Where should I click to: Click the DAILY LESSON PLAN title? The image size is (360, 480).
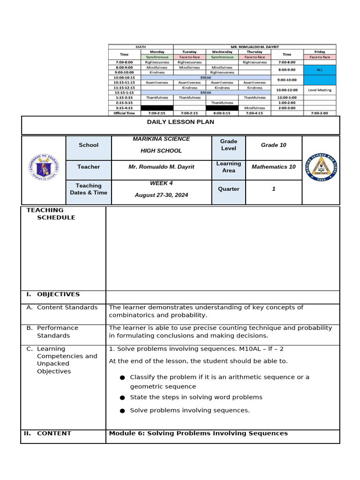(x=180, y=122)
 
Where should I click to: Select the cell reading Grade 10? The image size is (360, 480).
(x=273, y=145)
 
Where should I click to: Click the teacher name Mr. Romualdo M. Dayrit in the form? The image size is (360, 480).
(x=161, y=167)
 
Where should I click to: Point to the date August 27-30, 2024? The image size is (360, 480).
(x=161, y=195)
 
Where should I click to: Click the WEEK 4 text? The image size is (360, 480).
(x=161, y=183)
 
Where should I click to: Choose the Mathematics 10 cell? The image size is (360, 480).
(x=273, y=167)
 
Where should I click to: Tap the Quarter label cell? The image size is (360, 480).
(x=228, y=189)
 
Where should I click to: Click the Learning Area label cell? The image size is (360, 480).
(x=228, y=167)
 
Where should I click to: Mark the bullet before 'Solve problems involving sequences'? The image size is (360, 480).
(x=122, y=411)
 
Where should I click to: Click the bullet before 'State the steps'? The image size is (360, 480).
(x=122, y=397)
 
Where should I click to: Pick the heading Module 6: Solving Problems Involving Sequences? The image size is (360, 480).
(x=198, y=434)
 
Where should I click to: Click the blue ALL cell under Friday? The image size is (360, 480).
(x=319, y=70)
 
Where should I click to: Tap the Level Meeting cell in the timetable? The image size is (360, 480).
(x=319, y=90)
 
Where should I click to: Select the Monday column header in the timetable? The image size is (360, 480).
(x=157, y=52)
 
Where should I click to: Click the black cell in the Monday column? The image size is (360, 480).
(x=157, y=108)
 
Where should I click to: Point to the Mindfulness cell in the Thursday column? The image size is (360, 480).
(x=255, y=108)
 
